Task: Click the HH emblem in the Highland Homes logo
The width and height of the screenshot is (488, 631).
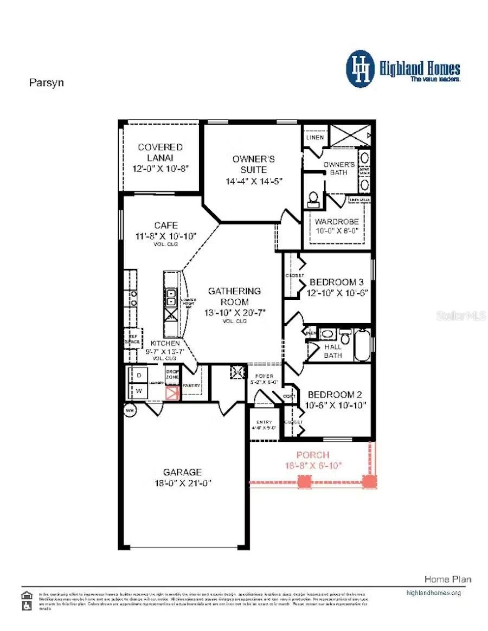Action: click(361, 69)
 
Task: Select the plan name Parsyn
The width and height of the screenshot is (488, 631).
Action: click(46, 83)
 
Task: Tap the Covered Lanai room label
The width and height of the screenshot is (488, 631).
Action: click(160, 152)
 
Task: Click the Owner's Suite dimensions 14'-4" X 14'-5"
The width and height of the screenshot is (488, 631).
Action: click(254, 182)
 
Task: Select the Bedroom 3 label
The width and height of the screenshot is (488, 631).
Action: click(336, 282)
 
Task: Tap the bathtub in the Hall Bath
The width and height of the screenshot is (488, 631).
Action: click(362, 344)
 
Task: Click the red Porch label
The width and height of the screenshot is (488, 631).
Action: click(312, 455)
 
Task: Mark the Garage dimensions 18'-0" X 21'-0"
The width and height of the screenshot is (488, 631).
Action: click(183, 482)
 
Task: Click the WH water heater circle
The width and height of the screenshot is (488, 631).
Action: click(130, 410)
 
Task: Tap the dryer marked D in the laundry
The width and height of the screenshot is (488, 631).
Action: click(138, 375)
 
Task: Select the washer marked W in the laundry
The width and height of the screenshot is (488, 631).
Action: click(138, 391)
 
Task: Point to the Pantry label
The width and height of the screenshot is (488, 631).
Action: click(191, 385)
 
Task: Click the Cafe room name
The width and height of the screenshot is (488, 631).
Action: click(165, 226)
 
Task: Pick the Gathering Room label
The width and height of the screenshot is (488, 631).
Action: click(234, 297)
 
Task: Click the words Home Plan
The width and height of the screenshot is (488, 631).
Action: click(447, 579)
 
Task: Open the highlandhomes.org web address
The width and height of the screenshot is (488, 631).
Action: click(433, 593)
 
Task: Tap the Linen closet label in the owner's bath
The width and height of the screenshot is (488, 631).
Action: click(315, 137)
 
